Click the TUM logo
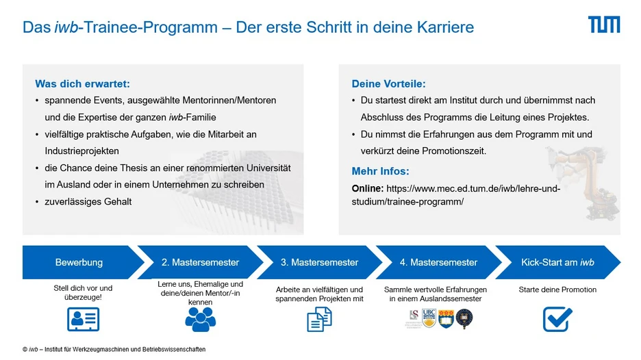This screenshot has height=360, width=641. tap(604, 25)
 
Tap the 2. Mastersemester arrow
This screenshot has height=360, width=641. tap(200, 262)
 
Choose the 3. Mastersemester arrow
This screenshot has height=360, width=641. tap(319, 262)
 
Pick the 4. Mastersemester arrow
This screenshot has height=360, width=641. tap(439, 262)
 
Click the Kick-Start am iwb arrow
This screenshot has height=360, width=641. tap(557, 262)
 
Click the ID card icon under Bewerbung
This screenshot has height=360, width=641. tap(83, 319)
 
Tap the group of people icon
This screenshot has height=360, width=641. tap(200, 319)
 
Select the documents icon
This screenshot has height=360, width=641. tap(319, 319)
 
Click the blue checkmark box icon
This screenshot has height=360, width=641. tap(557, 319)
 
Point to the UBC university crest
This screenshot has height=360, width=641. tap(429, 318)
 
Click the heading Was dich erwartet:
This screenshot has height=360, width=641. tap(82, 83)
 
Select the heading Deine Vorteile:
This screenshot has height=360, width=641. tap(388, 83)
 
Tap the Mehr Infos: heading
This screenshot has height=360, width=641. tap(380, 171)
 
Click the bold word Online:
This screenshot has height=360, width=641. tap(368, 188)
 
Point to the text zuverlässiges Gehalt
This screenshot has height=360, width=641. tap(88, 201)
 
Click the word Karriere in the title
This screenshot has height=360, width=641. tap(445, 27)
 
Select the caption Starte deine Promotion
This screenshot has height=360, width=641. tap(557, 290)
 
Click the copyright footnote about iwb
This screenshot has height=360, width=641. tap(114, 349)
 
